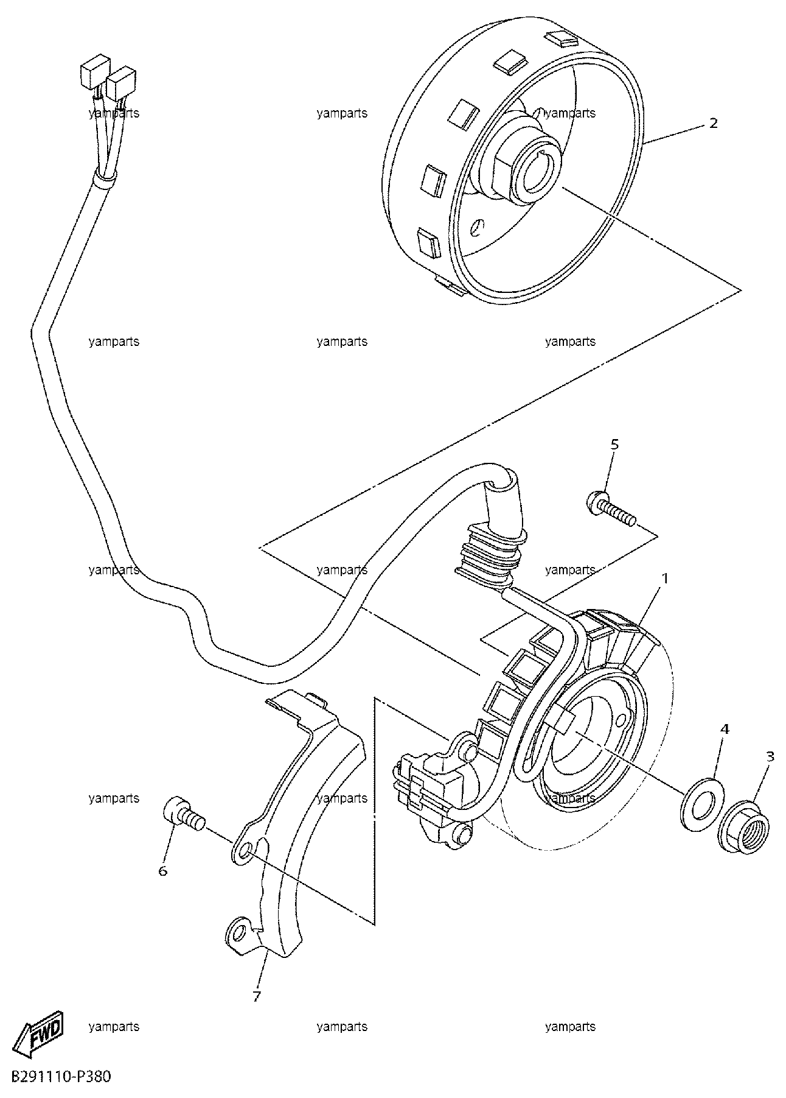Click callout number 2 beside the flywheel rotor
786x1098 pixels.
tap(713, 123)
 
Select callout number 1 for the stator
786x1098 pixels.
tap(665, 578)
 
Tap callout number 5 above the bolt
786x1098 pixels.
tap(614, 444)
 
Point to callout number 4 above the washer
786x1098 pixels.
tap(725, 728)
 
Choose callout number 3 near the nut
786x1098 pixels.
tap(770, 757)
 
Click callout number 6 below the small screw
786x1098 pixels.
tap(162, 871)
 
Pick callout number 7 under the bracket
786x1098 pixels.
tap(256, 996)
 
